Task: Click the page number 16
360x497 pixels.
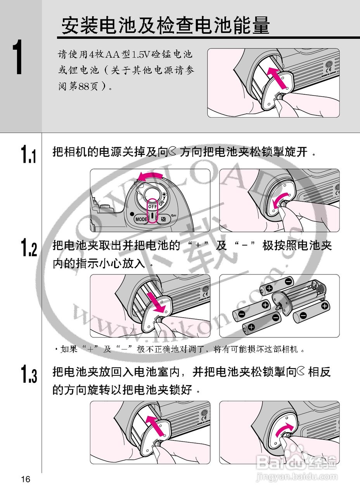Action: (x=26, y=480)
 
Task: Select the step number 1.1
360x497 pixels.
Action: (x=28, y=154)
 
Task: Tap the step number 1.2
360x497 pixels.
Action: (x=28, y=248)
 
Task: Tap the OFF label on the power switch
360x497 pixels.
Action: (x=152, y=207)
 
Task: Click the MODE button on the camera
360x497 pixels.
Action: (x=141, y=219)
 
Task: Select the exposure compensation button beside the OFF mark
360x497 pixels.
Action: (x=164, y=219)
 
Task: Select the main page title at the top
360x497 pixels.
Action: (x=165, y=26)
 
